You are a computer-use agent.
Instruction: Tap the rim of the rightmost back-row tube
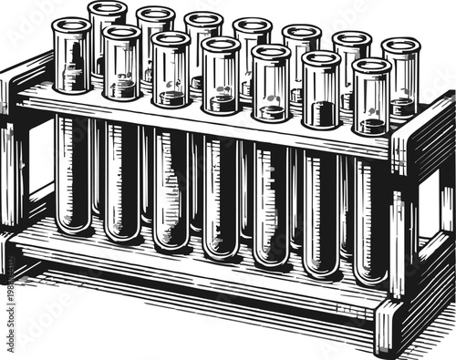399,44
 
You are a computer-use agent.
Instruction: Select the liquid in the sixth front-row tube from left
320,115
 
